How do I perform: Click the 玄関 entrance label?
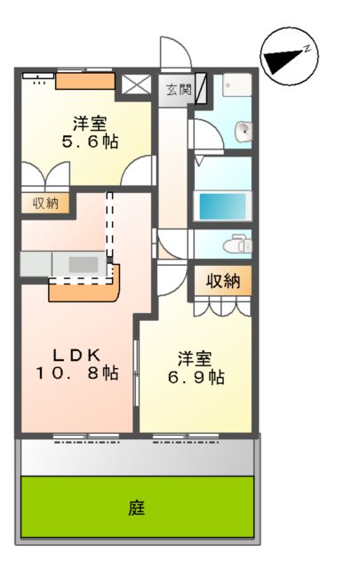point(179,89)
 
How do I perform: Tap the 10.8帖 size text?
point(76,373)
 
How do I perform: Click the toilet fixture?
point(236,243)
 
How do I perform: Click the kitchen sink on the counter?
point(84,264)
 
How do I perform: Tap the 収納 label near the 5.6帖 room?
point(45,204)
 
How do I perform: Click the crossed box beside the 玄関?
point(138,87)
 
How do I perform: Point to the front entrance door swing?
point(172,52)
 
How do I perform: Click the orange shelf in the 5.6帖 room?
point(85,82)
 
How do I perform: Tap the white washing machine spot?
point(236,85)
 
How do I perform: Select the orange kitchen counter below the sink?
point(84,288)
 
